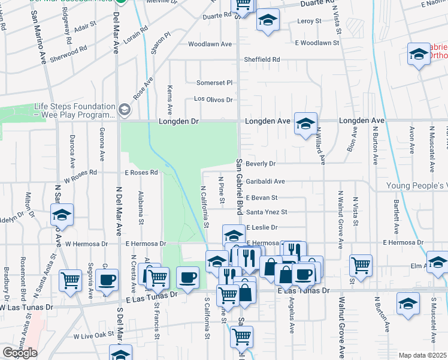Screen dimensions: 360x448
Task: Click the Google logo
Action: pyautogui.click(x=20, y=353)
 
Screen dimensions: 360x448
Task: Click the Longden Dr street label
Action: pyautogui.click(x=178, y=121)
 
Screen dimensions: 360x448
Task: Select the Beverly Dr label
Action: pyautogui.click(x=260, y=164)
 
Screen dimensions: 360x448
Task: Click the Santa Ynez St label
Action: pyautogui.click(x=267, y=212)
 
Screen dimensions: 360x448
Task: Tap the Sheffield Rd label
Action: pyautogui.click(x=262, y=59)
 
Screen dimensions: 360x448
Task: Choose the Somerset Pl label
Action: pyautogui.click(x=215, y=82)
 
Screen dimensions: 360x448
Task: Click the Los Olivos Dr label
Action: pyautogui.click(x=213, y=100)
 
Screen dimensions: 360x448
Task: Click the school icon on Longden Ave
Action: pyautogui.click(x=305, y=123)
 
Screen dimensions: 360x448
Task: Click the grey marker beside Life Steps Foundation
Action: pyautogui.click(x=124, y=109)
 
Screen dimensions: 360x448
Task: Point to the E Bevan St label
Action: pyautogui.click(x=262, y=197)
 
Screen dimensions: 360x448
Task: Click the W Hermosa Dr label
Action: pyautogui.click(x=86, y=244)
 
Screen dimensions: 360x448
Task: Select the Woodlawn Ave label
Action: pyautogui.click(x=210, y=44)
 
